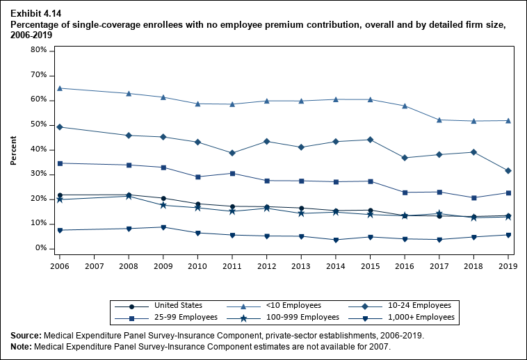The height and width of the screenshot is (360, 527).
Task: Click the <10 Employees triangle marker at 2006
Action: [x=60, y=88]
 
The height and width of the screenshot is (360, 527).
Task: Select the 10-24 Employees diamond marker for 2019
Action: [x=508, y=171]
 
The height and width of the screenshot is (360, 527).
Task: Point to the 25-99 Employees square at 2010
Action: [x=198, y=177]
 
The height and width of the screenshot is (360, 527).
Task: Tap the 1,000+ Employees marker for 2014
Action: [x=336, y=240]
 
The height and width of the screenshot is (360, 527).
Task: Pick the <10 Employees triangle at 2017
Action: [x=439, y=120]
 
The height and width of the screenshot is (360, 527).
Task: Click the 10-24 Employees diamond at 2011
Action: [x=232, y=153]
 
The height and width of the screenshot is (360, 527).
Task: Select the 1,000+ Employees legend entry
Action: [x=424, y=318]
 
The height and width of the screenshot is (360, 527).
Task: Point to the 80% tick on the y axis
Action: [x=39, y=51]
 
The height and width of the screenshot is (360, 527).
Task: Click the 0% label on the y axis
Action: [x=41, y=248]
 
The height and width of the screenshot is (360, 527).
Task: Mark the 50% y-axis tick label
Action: [x=39, y=125]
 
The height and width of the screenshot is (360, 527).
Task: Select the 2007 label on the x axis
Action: [x=94, y=265]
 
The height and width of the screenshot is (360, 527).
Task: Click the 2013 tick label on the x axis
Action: [x=301, y=265]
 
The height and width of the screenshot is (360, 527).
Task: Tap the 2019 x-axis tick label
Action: [x=508, y=265]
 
